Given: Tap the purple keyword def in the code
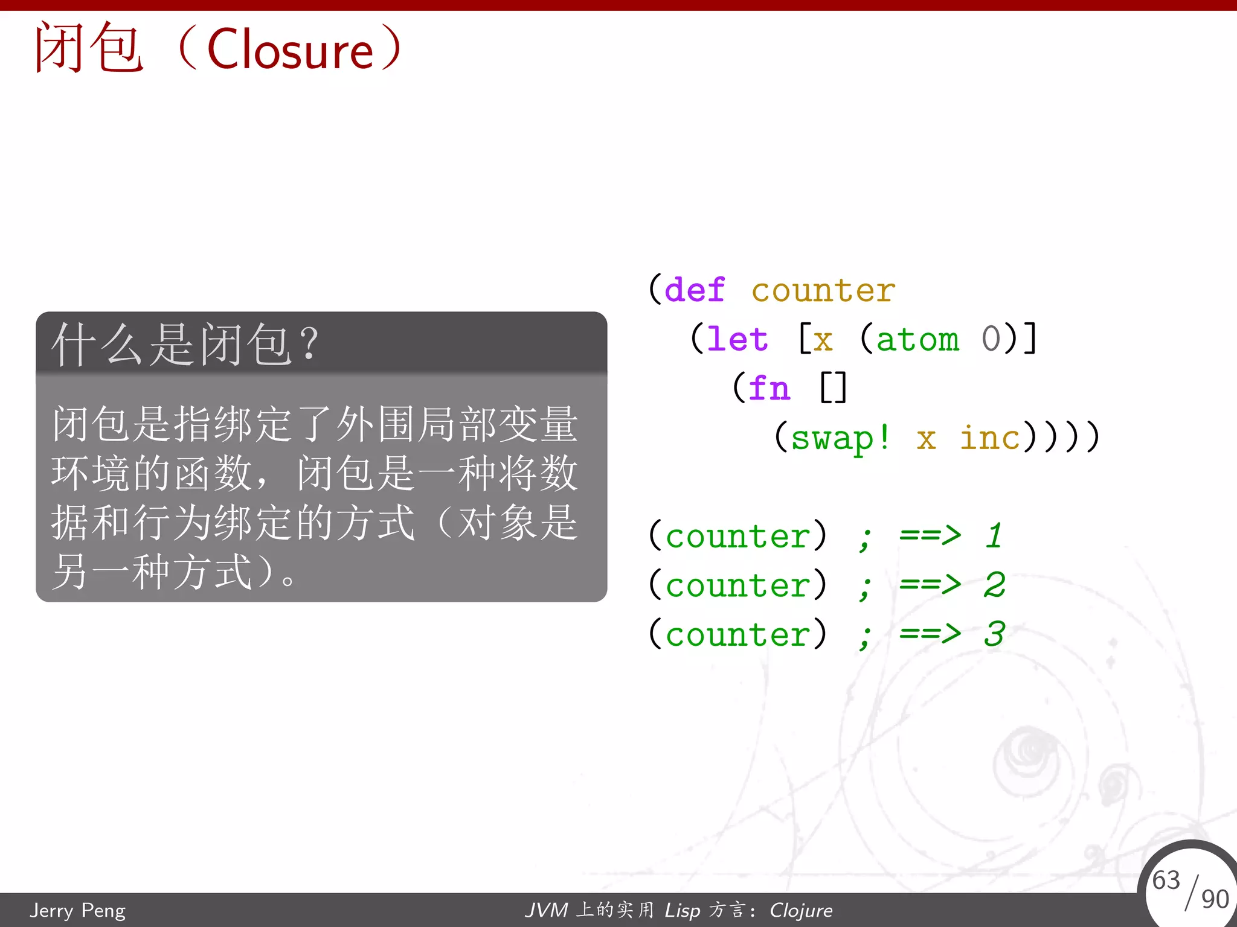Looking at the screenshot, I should coord(695,290).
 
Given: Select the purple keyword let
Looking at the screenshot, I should coord(737,339).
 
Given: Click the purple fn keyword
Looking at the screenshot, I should coord(769,388).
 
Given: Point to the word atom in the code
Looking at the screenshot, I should coord(917,339).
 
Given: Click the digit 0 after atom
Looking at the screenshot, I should coord(991,339).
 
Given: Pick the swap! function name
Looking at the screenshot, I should coord(840,438).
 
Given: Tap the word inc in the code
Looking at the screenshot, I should coord(990,438).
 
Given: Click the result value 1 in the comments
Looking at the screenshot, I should coord(994,535).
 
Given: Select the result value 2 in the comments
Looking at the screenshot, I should coord(994,584).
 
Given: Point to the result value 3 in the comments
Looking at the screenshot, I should coord(994,634).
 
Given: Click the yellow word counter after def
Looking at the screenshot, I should coord(823,291).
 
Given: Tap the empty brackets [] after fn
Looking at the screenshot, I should coord(834,388).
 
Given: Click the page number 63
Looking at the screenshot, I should coord(1166,880).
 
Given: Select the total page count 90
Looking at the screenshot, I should coord(1215,899).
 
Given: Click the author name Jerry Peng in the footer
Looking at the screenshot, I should coord(78,910).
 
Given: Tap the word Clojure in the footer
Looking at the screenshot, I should coord(801,910).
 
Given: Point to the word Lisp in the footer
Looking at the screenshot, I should coord(683,910).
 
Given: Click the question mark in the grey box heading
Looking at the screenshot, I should coord(309,344).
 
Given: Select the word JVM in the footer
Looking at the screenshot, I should coord(547,910).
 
